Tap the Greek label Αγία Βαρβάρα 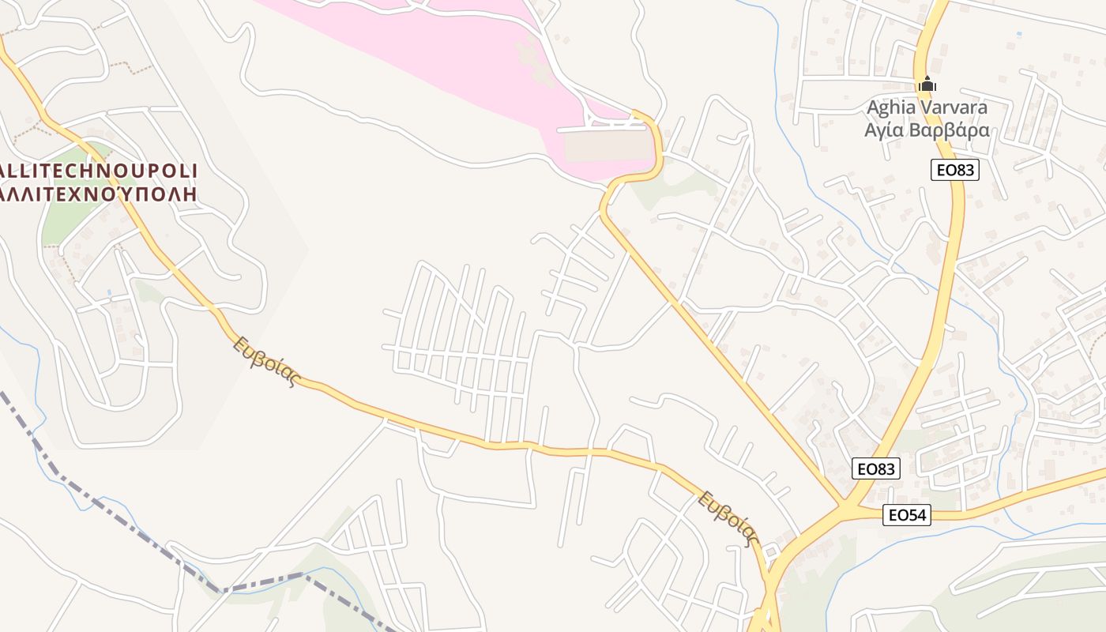[927, 130]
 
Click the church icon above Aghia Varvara [927, 84]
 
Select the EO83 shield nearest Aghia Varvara [954, 170]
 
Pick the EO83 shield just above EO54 [877, 468]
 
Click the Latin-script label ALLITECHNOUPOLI [99, 171]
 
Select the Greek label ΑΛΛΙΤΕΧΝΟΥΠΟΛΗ [99, 192]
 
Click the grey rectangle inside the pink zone [608, 146]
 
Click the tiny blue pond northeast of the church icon [1018, 34]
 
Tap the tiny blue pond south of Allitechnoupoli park [109, 293]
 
